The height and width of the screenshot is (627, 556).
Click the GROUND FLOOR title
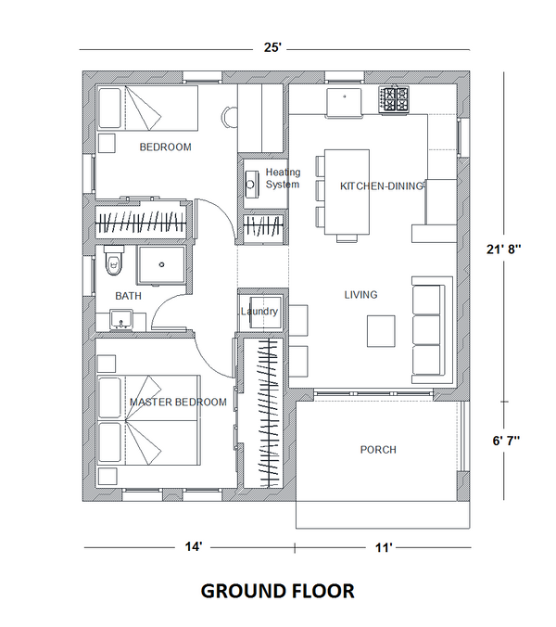(277, 591)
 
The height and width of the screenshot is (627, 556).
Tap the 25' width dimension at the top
(272, 47)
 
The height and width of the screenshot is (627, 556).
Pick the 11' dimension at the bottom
(383, 548)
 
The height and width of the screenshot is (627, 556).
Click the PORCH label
(377, 450)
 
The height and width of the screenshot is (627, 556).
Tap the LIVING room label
(360, 295)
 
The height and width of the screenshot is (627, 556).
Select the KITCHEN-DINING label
(382, 186)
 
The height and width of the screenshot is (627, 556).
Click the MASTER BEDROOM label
(178, 402)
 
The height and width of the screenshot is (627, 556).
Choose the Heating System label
(283, 178)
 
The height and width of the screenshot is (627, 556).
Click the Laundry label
(259, 312)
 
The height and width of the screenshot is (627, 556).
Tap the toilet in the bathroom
(113, 261)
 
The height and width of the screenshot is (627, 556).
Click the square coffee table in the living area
(382, 331)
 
